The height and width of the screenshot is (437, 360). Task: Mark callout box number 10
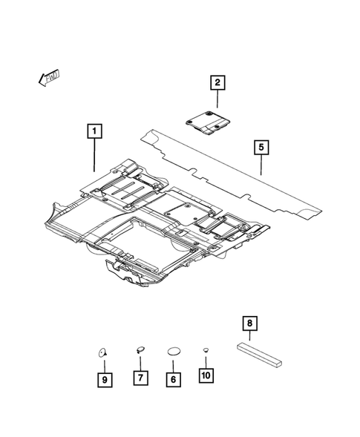(206, 376)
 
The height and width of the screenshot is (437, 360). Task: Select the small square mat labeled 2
(210, 121)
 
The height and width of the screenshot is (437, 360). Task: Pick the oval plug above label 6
(172, 351)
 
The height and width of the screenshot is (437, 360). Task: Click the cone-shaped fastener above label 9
(103, 352)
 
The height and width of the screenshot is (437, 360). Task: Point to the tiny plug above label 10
(206, 349)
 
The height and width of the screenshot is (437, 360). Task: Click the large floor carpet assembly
(148, 223)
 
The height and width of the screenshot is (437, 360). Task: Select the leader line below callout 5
(261, 165)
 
